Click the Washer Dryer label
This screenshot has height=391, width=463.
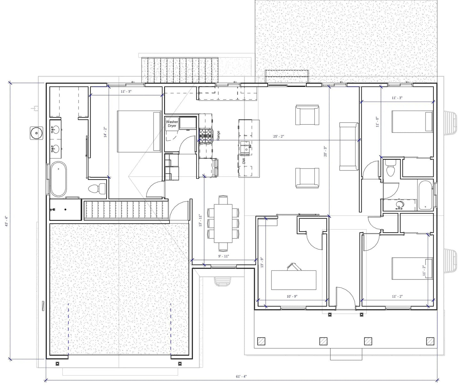click(172, 124)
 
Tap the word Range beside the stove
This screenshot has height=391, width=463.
click(218, 135)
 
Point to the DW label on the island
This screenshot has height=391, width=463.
click(244, 161)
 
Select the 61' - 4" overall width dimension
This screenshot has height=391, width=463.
click(241, 376)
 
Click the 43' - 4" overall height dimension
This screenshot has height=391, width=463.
click(7, 221)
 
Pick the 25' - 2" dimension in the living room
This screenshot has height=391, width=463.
click(278, 137)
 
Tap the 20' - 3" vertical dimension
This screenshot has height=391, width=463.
click(325, 151)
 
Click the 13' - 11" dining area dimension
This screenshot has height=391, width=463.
click(201, 220)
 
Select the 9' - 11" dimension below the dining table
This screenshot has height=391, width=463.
click(224, 256)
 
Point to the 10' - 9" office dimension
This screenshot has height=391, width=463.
click(292, 296)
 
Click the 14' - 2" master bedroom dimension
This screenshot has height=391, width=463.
click(105, 132)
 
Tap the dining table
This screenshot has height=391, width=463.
click(223, 223)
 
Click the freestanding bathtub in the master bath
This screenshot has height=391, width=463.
click(58, 179)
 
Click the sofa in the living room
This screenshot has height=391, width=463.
click(349, 146)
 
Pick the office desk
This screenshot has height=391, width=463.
click(294, 280)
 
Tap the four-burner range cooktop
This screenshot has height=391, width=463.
click(205, 136)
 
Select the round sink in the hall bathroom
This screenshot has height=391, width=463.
click(399, 204)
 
